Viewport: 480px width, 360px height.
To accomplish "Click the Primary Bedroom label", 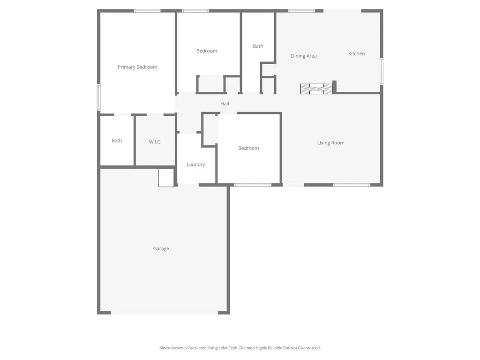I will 137,67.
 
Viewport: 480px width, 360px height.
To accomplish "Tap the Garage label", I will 161,248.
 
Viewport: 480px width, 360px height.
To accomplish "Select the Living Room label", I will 330,143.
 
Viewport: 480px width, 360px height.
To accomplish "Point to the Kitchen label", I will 356,53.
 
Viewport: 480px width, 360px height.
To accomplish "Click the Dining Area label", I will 304,56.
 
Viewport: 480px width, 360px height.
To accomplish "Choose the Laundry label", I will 195,165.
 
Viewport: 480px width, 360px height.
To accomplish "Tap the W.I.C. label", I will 155,142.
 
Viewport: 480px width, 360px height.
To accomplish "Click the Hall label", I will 225,104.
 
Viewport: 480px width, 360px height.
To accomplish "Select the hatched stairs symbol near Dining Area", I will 316,89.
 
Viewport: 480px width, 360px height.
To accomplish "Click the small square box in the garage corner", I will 166,178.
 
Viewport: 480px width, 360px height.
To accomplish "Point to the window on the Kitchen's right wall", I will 382,71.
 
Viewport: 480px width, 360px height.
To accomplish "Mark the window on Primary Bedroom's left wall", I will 98,97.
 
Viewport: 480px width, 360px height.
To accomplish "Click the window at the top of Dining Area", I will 301,11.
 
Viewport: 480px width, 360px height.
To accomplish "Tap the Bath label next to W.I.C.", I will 117,140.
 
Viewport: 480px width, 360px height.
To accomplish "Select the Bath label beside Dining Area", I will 258,46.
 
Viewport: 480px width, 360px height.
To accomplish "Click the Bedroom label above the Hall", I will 207,51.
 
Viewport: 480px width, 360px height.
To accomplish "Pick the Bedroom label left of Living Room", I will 248,148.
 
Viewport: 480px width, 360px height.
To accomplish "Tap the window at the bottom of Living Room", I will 352,185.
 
